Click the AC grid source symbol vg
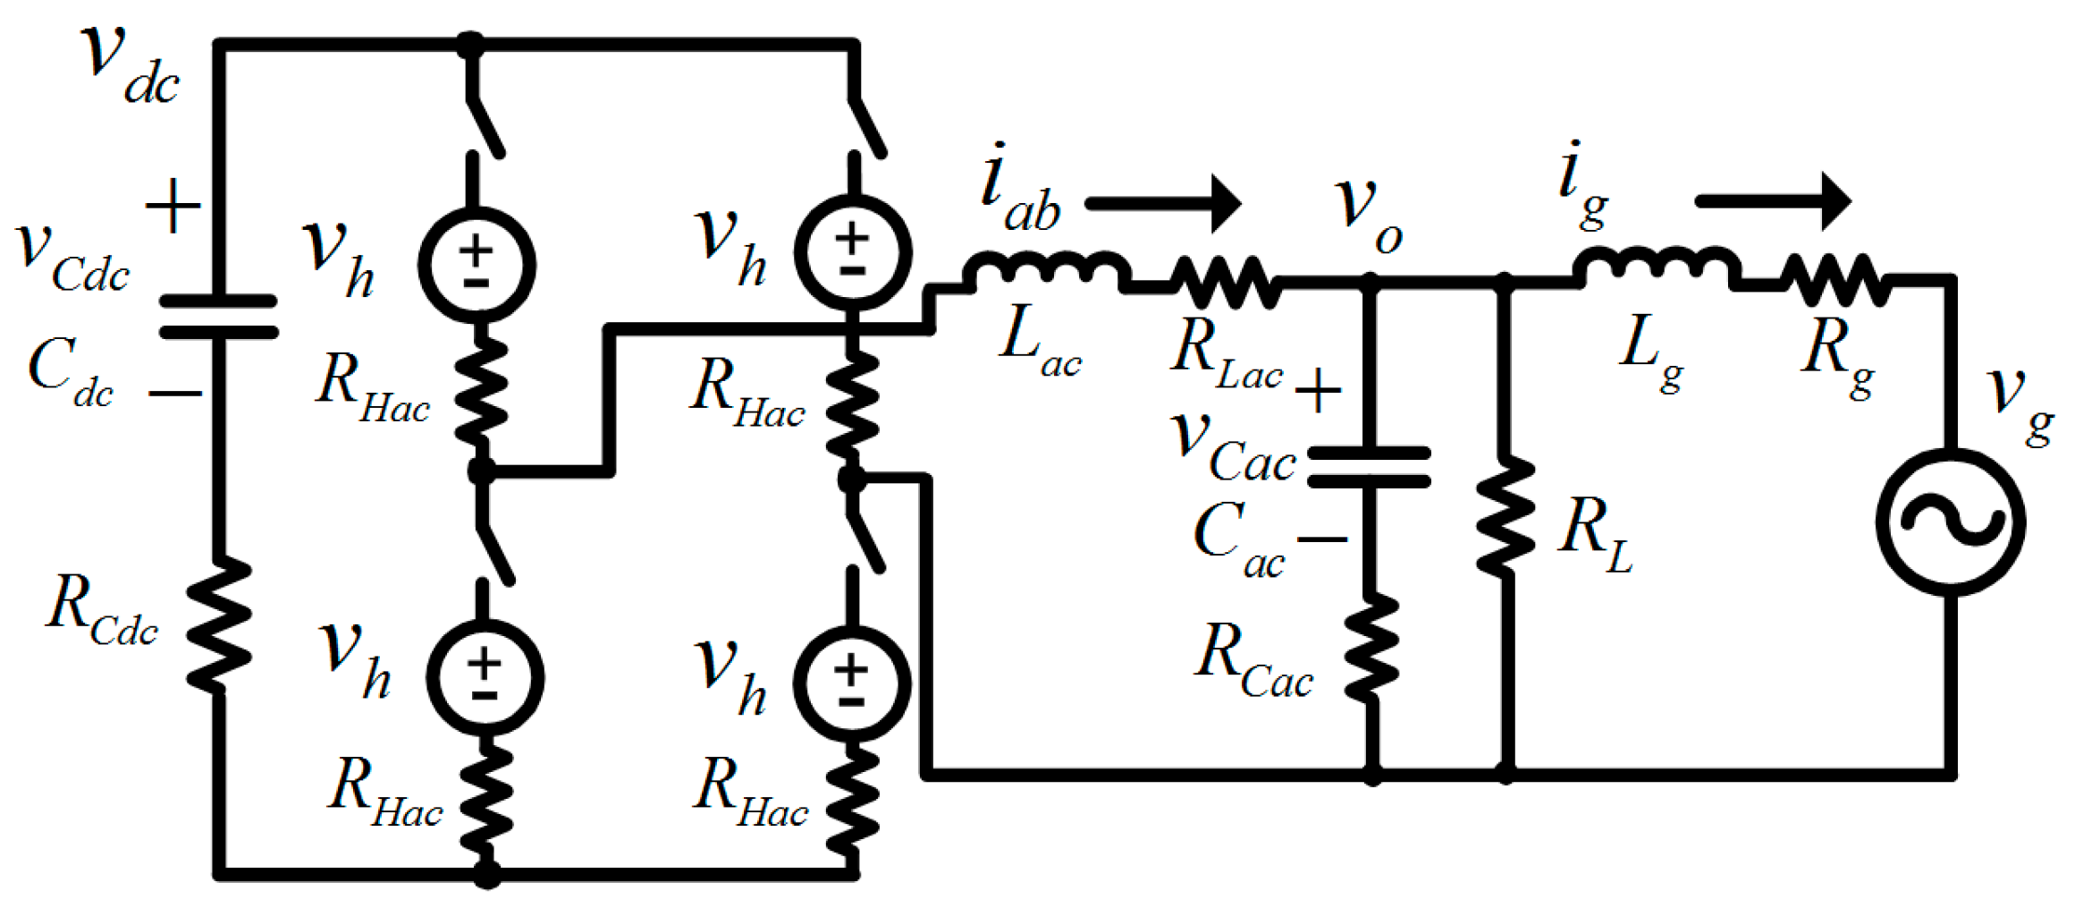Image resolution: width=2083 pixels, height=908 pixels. [x=1951, y=522]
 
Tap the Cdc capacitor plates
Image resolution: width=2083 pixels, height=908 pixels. [x=218, y=317]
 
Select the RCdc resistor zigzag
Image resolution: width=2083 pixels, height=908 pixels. [x=218, y=624]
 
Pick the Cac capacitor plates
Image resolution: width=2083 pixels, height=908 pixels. [x=1369, y=467]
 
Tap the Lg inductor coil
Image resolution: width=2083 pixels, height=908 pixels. [x=1656, y=266]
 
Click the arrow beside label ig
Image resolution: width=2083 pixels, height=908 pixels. [x=1773, y=200]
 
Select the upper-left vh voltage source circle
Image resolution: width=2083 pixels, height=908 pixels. [x=476, y=265]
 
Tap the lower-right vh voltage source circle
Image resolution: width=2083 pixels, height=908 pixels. [x=852, y=683]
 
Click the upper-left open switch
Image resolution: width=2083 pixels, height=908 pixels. [x=485, y=127]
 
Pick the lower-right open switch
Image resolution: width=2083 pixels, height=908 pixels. [x=863, y=540]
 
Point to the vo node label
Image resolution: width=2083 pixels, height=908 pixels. [x=1368, y=215]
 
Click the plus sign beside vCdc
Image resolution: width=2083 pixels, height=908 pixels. [x=173, y=206]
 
